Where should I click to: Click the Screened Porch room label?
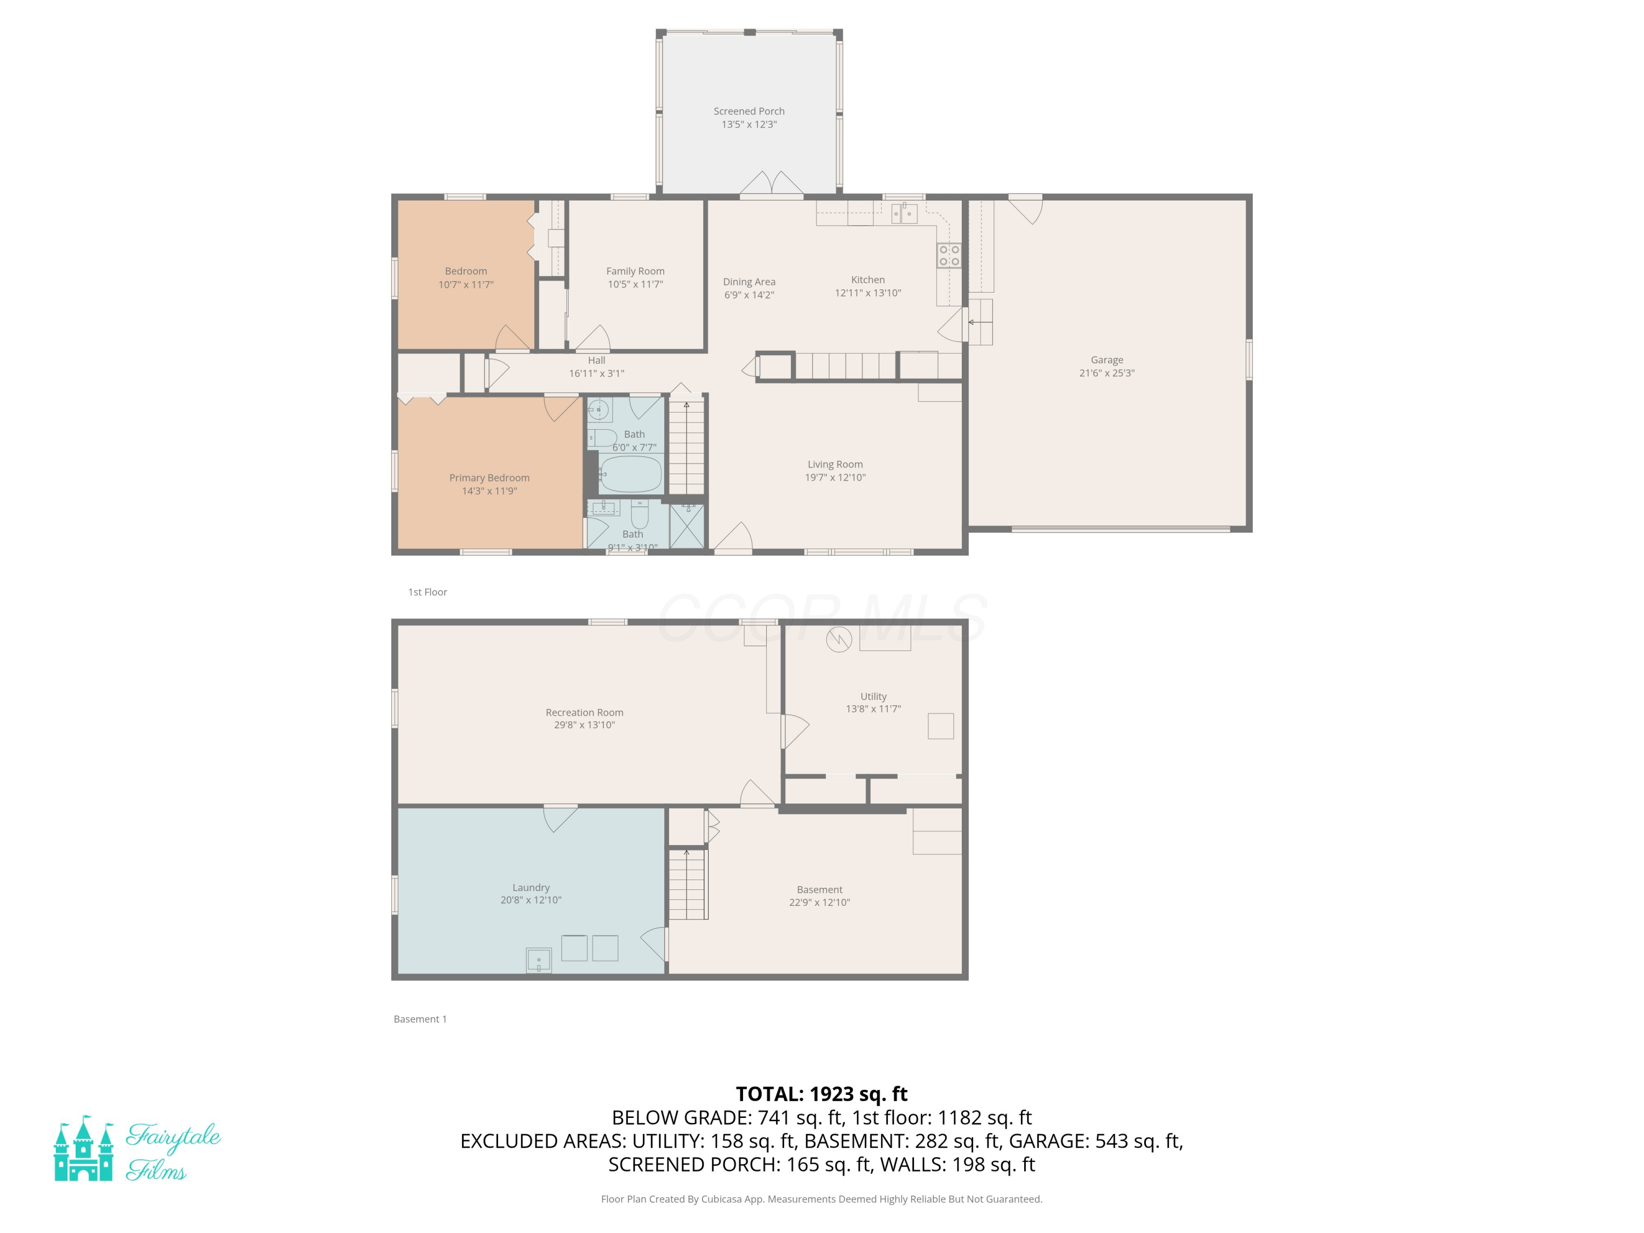[749, 111]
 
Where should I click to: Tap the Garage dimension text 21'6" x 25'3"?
[1106, 373]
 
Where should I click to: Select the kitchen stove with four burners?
[949, 256]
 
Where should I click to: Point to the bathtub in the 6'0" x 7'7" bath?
[630, 473]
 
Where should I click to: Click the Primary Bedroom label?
[489, 478]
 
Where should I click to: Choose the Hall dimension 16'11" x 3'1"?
[596, 374]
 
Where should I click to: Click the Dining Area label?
[749, 282]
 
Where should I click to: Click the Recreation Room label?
[584, 712]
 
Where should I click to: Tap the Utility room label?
[874, 697]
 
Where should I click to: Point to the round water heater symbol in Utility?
[838, 639]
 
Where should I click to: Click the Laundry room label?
[530, 887]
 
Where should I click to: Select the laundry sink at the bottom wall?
[539, 960]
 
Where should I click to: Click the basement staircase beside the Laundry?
[687, 884]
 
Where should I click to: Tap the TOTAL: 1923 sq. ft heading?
[821, 1094]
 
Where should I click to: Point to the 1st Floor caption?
[427, 592]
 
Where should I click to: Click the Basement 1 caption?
[420, 1019]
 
